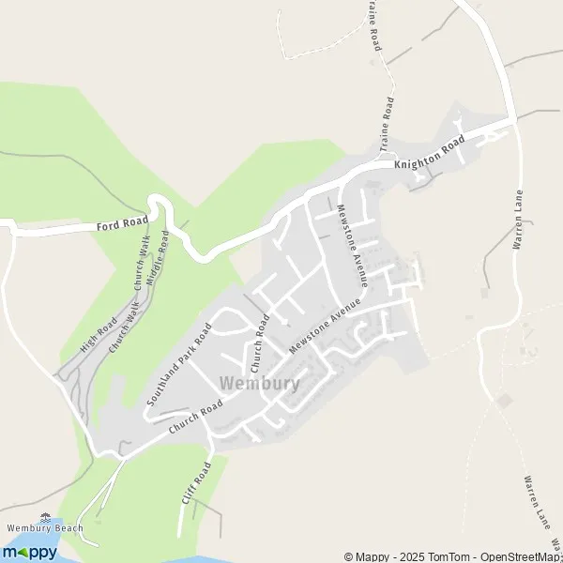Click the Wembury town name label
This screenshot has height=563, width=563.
coord(259,383)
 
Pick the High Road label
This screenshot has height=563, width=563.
coord(99,334)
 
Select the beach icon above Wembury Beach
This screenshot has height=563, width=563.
coord(45,515)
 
